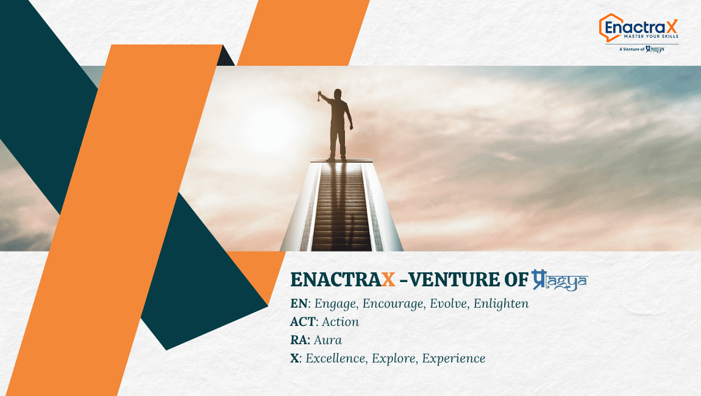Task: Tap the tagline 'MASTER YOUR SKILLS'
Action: pos(651,36)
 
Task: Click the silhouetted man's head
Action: pos(338,94)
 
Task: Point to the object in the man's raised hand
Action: pos(319,96)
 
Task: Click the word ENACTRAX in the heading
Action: pos(343,280)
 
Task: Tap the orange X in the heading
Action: pos(388,280)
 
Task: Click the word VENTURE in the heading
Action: pos(454,280)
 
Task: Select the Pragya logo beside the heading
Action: pos(560,280)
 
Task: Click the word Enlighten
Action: pos(500,303)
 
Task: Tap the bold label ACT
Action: pos(303,322)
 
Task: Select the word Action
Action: pos(340,322)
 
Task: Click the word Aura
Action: pos(328,340)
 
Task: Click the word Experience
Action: pos(454,359)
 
